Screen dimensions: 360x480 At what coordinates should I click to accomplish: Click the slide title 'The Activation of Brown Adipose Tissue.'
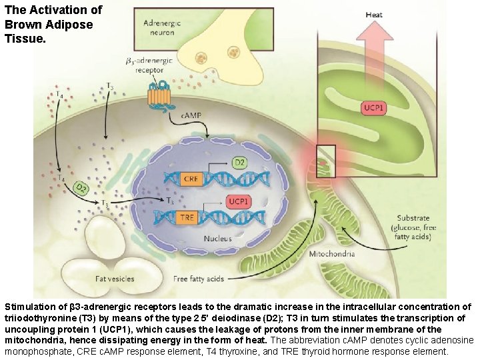pos(53,25)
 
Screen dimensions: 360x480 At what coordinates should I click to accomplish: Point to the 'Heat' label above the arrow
pos(374,14)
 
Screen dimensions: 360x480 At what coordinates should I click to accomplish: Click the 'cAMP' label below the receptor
pos(191,116)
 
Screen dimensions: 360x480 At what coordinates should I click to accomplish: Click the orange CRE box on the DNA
pos(191,179)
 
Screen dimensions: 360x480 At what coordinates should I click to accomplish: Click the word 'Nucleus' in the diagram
pos(218,238)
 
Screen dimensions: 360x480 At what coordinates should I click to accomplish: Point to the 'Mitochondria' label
pos(332,254)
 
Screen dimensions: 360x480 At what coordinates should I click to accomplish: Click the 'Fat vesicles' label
pos(115,279)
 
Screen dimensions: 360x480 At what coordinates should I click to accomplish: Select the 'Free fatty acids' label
pos(199,279)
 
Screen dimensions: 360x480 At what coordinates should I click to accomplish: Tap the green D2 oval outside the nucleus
pos(81,189)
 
